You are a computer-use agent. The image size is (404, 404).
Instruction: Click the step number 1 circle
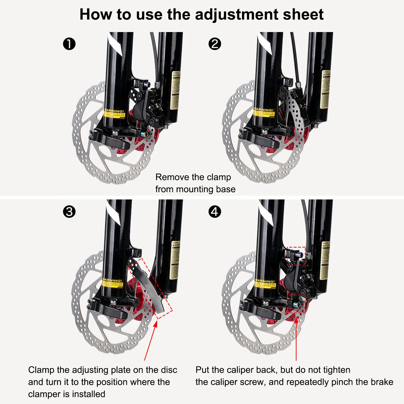(x=69, y=44)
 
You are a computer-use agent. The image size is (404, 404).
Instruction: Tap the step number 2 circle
(x=215, y=44)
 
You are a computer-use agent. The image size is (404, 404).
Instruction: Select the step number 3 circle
(x=69, y=212)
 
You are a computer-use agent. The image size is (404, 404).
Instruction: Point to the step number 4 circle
(x=215, y=212)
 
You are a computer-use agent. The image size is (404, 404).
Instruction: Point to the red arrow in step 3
(x=150, y=341)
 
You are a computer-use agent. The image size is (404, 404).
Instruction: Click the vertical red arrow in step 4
(x=296, y=338)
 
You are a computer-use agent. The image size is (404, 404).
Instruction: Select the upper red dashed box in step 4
(x=296, y=256)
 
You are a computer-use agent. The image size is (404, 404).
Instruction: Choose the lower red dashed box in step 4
(x=296, y=304)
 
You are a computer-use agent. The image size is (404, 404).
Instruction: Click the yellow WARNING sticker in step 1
(x=114, y=114)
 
